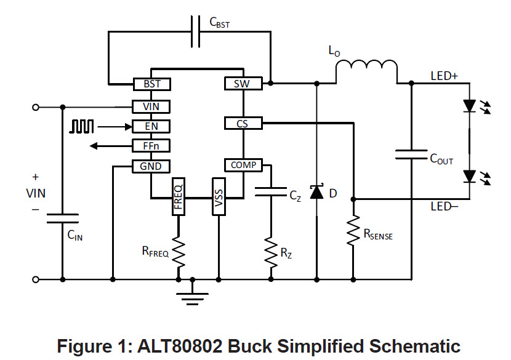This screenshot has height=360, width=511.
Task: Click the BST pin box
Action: (152, 84)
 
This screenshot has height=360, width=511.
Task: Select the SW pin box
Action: (243, 84)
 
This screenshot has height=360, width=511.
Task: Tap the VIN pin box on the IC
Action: (151, 106)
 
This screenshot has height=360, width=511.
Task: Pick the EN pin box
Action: (151, 127)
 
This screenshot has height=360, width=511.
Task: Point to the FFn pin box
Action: (151, 146)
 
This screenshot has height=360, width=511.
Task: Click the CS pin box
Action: (243, 124)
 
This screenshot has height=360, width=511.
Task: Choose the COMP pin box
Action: (243, 165)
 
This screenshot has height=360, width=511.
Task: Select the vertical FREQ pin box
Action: (178, 196)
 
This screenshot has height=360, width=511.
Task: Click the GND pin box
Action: (151, 166)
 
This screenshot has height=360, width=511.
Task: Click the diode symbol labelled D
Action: (316, 193)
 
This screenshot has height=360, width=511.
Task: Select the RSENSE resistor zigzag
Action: (353, 231)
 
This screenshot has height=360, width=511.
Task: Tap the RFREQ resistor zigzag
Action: (178, 251)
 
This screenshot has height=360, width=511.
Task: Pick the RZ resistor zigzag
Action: (270, 251)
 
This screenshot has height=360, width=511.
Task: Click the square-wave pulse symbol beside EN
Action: (82, 126)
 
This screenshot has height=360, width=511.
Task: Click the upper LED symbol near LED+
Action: (470, 106)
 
